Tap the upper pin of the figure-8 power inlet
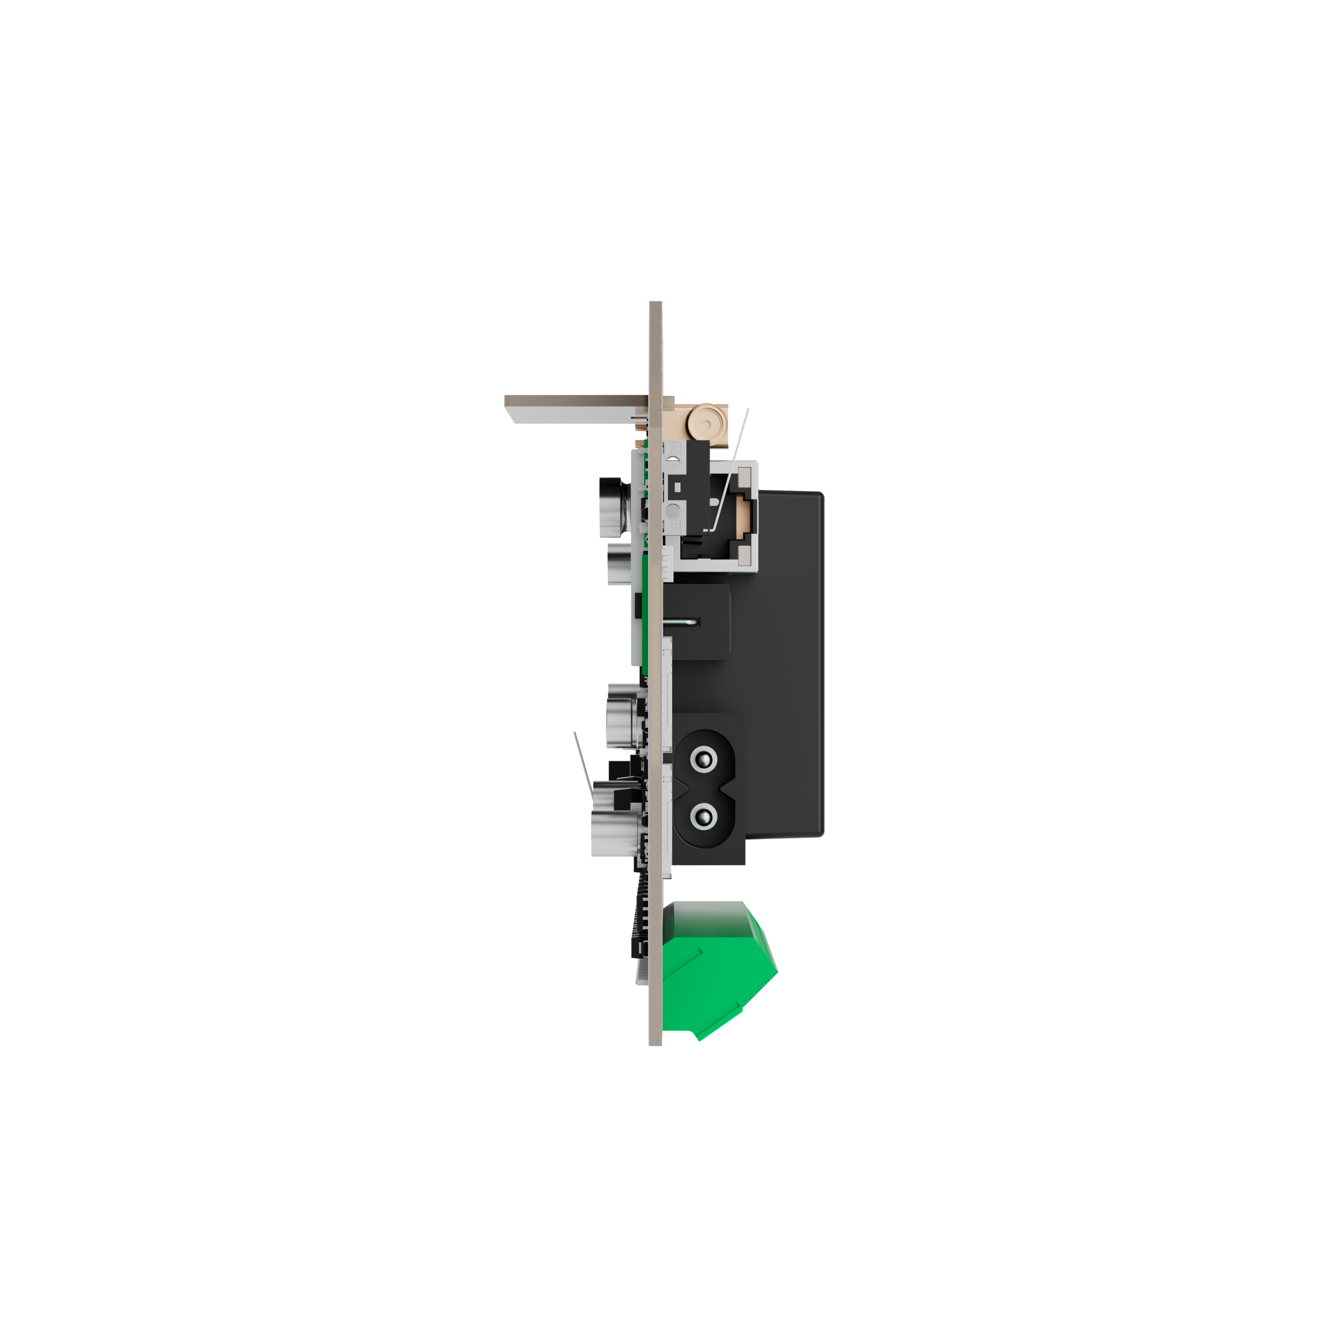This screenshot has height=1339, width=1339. (703, 762)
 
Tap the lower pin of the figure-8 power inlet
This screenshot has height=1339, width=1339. (703, 819)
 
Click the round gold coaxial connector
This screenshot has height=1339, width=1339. (706, 422)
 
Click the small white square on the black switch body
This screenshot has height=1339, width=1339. (677, 486)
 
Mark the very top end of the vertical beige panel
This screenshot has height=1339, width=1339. (655, 303)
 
